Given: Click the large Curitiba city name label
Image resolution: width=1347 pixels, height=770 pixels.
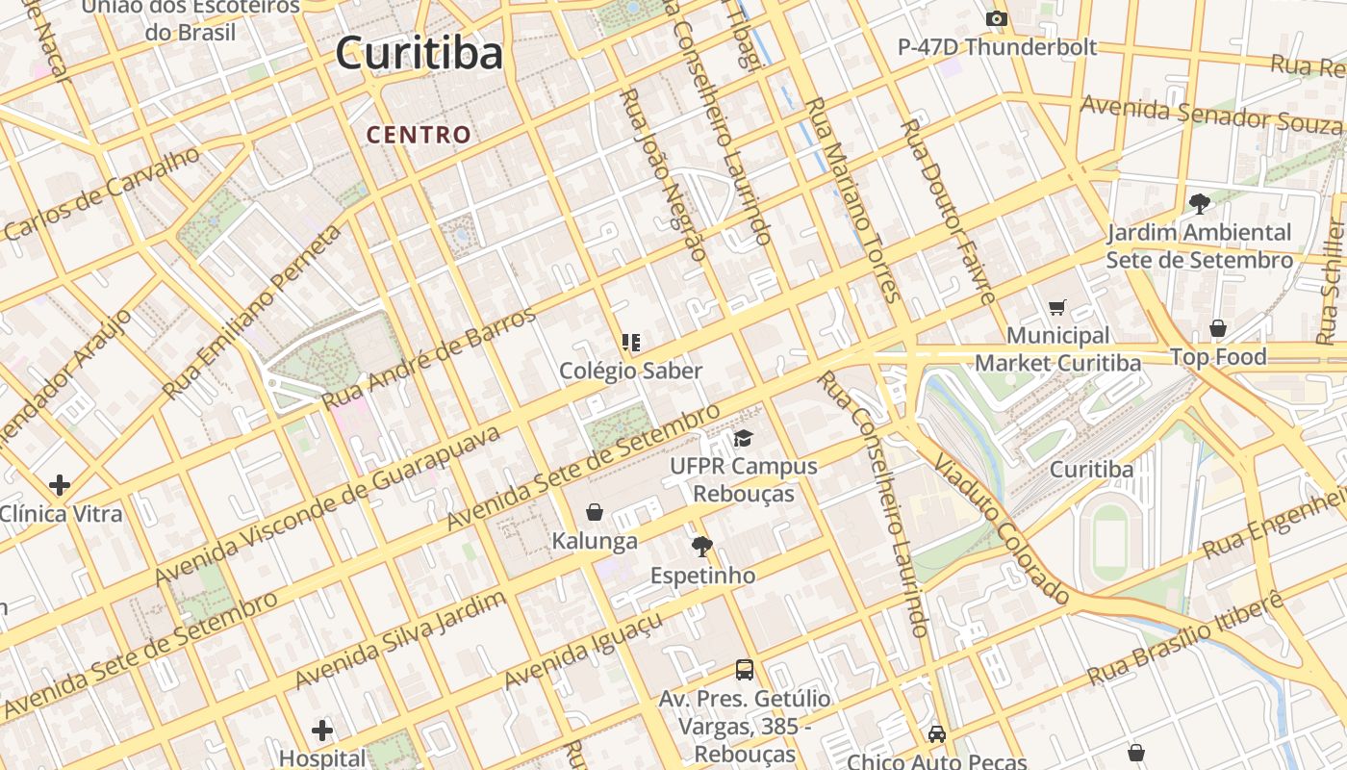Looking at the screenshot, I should click(419, 53).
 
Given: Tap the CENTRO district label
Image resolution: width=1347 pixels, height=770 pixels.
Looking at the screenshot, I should click(419, 135).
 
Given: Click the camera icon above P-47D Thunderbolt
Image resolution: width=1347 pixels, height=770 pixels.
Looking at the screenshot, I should click(997, 18).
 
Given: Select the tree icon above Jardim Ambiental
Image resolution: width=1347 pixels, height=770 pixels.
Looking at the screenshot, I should click(1199, 203).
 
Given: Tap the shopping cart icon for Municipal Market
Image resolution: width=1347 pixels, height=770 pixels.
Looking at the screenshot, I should click(1057, 308).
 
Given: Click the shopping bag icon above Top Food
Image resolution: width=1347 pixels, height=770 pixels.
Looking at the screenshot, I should click(1218, 328).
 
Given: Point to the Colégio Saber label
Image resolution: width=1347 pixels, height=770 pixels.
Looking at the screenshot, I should click(631, 371).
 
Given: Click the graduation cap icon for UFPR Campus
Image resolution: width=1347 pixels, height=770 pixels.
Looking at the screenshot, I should click(743, 439).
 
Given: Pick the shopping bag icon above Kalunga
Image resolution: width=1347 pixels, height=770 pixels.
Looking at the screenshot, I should click(595, 512).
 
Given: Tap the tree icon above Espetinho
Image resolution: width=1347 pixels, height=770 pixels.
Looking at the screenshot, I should click(702, 547).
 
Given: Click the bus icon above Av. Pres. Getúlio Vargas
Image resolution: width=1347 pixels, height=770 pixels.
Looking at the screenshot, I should click(744, 669).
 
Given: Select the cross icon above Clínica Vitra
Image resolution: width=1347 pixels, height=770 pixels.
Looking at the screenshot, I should click(60, 485).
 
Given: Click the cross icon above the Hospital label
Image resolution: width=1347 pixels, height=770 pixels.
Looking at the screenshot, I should click(322, 731).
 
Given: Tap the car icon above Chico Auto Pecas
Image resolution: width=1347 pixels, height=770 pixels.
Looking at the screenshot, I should click(937, 734).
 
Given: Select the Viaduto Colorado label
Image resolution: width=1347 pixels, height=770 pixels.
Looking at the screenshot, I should click(1001, 530).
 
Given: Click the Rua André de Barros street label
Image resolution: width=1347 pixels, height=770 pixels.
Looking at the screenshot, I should click(429, 358).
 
